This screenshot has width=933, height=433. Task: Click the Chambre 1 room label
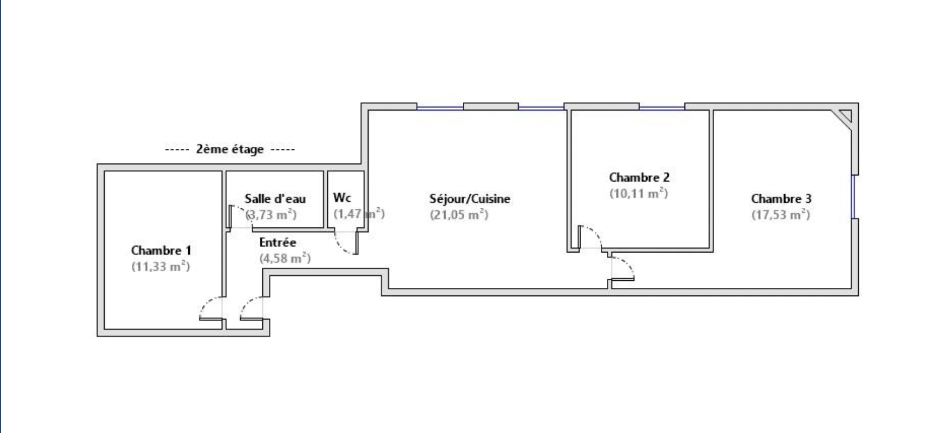[161, 251]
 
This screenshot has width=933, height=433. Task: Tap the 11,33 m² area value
[161, 267]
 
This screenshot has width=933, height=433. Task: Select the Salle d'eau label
[275, 198]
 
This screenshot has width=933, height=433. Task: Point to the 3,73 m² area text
[271, 214]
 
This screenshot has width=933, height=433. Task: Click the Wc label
[342, 198]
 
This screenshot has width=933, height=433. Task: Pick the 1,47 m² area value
[359, 214]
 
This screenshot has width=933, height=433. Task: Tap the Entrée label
[278, 242]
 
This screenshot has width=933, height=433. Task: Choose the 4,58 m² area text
[285, 258]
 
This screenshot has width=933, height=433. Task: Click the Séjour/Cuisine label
[470, 198]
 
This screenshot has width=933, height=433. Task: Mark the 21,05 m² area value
[459, 214]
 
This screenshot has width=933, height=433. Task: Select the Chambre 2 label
[639, 177]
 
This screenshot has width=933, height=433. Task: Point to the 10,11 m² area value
[639, 193]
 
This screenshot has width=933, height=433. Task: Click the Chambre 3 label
[781, 198]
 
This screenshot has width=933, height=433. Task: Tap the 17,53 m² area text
[781, 214]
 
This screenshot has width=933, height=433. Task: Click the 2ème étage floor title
[230, 149]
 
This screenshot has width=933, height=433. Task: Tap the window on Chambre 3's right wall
[853, 197]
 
